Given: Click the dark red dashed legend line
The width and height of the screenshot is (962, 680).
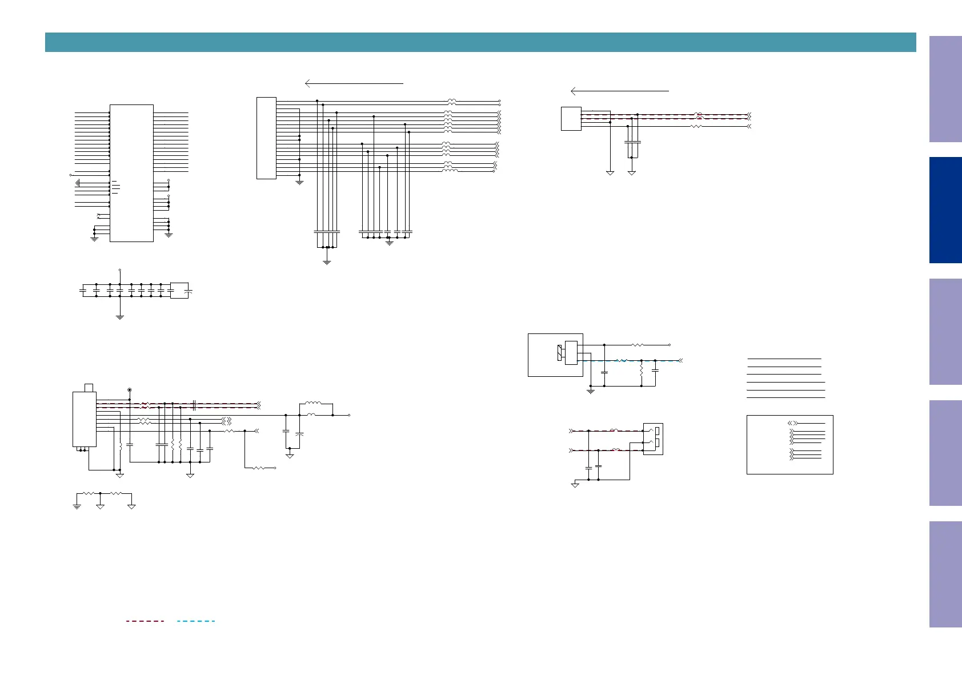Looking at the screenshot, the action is coord(145,621).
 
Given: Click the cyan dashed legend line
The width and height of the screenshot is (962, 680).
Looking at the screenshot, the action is coord(196,621).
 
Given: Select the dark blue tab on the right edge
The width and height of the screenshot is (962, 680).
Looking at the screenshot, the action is coord(945,210).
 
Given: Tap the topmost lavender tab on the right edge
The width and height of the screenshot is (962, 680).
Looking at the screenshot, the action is coord(945,89).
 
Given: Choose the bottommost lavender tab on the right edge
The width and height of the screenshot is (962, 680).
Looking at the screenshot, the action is coord(945,574).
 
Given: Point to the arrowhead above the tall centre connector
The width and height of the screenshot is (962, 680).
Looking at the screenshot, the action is coord(308,83).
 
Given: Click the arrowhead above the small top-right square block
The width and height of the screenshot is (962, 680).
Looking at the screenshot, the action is coord(574,91).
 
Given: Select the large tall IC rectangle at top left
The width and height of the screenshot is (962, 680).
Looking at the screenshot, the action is coord(131,173).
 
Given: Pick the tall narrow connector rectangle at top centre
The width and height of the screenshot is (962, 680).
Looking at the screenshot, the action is coord(266,138).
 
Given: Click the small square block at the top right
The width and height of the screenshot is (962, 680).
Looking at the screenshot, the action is coord(571,119).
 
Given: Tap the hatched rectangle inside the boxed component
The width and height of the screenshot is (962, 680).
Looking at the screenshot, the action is coord(559,353).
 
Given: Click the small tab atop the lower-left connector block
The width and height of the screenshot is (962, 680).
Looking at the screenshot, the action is coord(89,388).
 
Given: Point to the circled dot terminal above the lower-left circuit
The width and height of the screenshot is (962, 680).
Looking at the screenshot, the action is coord(130,390).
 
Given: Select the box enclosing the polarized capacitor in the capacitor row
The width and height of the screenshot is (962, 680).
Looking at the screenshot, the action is coord(179,290).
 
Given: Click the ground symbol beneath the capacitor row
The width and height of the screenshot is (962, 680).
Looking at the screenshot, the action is coord(120,317).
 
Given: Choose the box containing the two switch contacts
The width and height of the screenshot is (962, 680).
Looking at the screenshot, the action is coord(653,438).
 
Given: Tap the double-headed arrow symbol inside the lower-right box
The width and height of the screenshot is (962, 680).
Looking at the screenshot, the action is coord(793,423).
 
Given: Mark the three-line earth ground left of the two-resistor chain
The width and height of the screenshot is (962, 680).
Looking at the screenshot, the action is coord(77,506).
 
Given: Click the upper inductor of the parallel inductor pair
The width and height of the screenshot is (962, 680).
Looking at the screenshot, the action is coord(312,404).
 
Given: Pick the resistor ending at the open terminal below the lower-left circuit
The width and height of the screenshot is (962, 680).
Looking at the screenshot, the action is coord(259,468).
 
